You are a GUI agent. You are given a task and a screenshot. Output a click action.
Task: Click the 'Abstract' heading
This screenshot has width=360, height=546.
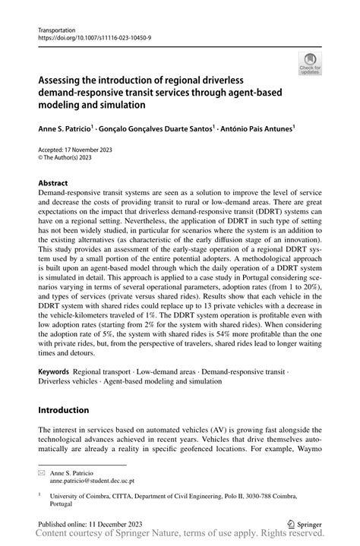point(53,184)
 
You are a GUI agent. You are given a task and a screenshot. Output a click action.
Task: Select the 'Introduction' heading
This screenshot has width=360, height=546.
point(64,409)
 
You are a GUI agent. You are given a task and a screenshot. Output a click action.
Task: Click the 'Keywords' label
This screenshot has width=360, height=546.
point(54,372)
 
